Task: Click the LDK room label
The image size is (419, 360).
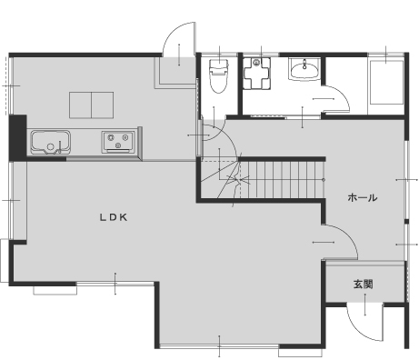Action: click(x=114, y=217)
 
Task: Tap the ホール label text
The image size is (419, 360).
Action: click(x=363, y=197)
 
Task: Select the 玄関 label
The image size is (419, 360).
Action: click(x=363, y=285)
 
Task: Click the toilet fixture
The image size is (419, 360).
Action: click(x=218, y=75)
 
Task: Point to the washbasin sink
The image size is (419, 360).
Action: click(x=304, y=70)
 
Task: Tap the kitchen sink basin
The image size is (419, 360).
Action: click(x=51, y=143)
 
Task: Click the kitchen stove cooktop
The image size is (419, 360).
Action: click(x=118, y=142)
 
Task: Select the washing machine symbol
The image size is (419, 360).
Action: click(x=256, y=74)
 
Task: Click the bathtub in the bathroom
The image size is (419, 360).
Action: click(x=386, y=83)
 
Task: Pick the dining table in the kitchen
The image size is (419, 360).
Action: click(x=91, y=105)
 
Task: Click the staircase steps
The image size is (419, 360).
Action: click(x=282, y=179)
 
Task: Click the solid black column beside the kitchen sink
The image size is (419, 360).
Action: click(x=17, y=137)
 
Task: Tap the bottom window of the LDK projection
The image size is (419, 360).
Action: click(x=219, y=346)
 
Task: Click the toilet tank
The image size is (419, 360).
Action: click(x=218, y=65)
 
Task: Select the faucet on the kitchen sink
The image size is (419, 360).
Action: click(x=60, y=146)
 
